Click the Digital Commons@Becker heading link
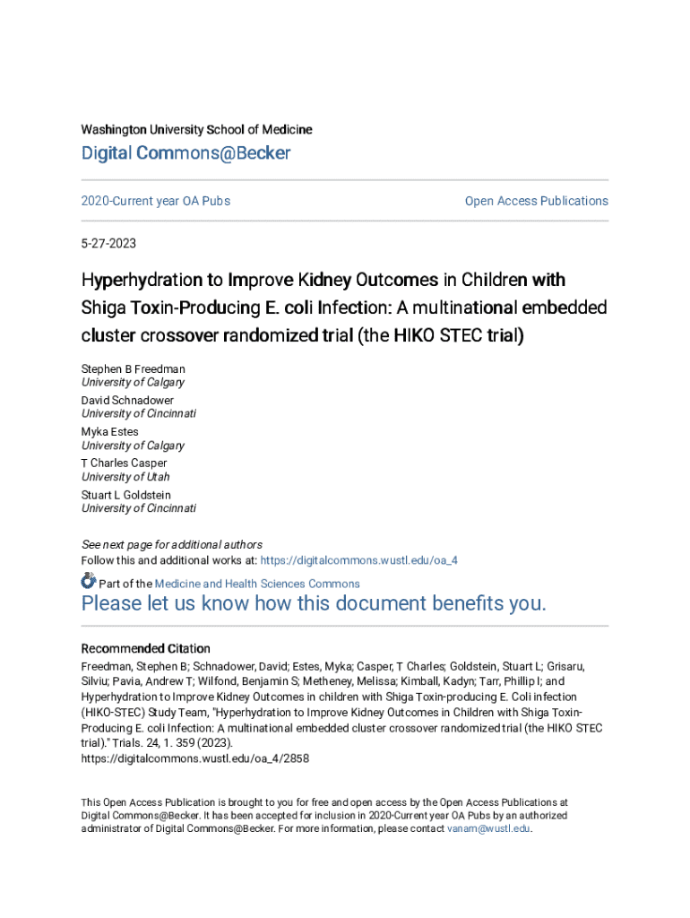pyautogui.click(x=185, y=153)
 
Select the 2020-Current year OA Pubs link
pyautogui.click(x=156, y=201)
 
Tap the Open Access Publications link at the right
pyautogui.click(x=536, y=201)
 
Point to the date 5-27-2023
pyautogui.click(x=108, y=244)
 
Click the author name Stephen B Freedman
pyautogui.click(x=134, y=368)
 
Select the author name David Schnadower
pyautogui.click(x=127, y=400)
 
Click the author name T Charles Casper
pyautogui.click(x=124, y=463)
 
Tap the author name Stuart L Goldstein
pyautogui.click(x=125, y=495)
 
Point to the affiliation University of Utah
pyautogui.click(x=125, y=477)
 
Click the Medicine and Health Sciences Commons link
pyautogui.click(x=257, y=584)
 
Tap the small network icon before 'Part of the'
pyautogui.click(x=89, y=583)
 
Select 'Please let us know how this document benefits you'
pyautogui.click(x=314, y=603)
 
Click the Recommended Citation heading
pyautogui.click(x=146, y=648)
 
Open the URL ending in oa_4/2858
pyautogui.click(x=195, y=758)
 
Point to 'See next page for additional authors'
pyautogui.click(x=172, y=544)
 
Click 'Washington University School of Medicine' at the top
pyautogui.click(x=197, y=130)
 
